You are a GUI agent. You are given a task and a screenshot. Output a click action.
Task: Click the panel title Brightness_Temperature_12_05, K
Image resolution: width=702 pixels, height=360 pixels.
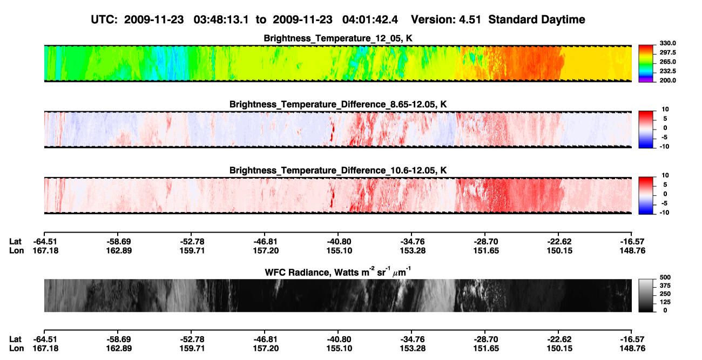(x=338, y=38)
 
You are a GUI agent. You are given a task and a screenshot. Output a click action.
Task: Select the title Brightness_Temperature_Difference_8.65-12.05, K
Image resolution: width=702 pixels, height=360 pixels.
(x=338, y=105)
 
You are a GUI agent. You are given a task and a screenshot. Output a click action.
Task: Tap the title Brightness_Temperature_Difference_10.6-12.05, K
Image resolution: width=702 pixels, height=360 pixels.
(x=338, y=171)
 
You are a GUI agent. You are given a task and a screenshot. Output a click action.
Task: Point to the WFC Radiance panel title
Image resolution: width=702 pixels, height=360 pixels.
(x=338, y=272)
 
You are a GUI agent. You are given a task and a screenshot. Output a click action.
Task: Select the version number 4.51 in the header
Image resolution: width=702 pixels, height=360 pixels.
(x=470, y=20)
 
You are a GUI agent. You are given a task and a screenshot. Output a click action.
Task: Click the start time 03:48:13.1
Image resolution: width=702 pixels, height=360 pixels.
(x=221, y=20)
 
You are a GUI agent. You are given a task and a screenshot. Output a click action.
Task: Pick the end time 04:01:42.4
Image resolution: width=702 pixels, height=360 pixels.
(x=370, y=20)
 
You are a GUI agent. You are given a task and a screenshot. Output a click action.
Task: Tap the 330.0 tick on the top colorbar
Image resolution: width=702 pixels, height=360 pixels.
(x=667, y=43)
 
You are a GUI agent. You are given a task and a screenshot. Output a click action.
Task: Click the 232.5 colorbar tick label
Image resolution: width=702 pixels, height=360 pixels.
(x=667, y=71)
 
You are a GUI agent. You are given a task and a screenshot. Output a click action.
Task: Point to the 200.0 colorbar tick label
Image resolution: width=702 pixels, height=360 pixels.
(x=667, y=80)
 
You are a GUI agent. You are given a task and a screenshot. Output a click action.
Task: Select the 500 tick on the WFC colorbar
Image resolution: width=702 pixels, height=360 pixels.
(x=665, y=277)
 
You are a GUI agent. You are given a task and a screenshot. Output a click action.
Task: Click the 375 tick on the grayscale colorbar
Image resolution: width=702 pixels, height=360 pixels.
(x=665, y=286)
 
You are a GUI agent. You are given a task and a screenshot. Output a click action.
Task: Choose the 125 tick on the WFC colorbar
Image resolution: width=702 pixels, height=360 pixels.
(x=665, y=302)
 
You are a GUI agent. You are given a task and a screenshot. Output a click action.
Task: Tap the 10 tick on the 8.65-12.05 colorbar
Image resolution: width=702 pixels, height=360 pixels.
(x=665, y=110)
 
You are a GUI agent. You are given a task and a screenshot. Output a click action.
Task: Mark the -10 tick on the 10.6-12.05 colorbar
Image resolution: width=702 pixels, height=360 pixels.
(x=664, y=213)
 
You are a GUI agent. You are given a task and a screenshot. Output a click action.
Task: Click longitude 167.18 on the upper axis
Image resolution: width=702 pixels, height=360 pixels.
(x=45, y=251)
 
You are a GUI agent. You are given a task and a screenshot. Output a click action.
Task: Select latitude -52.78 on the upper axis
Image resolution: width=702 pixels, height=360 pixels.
(x=192, y=242)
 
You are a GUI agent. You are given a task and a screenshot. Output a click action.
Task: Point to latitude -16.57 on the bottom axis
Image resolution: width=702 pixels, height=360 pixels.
(x=632, y=339)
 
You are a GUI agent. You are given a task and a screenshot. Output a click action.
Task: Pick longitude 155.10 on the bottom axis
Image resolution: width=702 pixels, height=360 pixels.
(x=339, y=349)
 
